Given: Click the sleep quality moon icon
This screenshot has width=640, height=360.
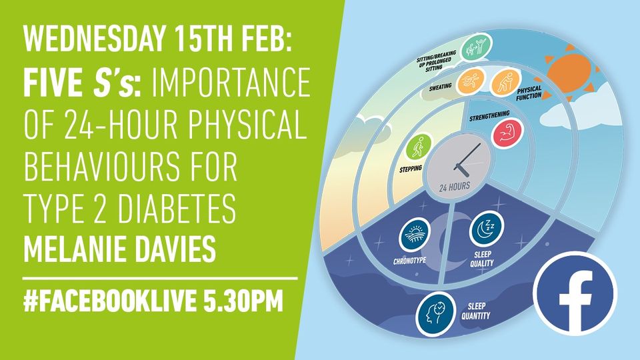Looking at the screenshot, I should point(483,230).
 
